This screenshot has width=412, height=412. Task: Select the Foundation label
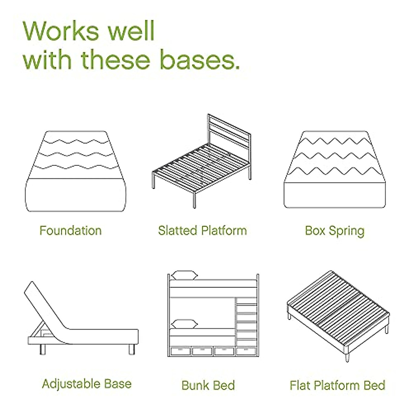[70, 230]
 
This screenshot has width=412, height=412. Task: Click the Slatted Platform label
[202, 230]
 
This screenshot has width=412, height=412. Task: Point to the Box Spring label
[334, 231]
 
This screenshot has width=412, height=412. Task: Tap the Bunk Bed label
[208, 385]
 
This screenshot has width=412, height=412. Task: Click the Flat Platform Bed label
[337, 385]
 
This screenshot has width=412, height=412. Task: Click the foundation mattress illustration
[75, 172]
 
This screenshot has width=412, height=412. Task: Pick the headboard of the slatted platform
[228, 132]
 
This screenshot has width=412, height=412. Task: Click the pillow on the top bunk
[185, 275]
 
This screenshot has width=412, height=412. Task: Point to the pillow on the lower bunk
[185, 324]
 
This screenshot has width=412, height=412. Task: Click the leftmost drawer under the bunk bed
[180, 351]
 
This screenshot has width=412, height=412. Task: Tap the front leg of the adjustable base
[43, 349]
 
